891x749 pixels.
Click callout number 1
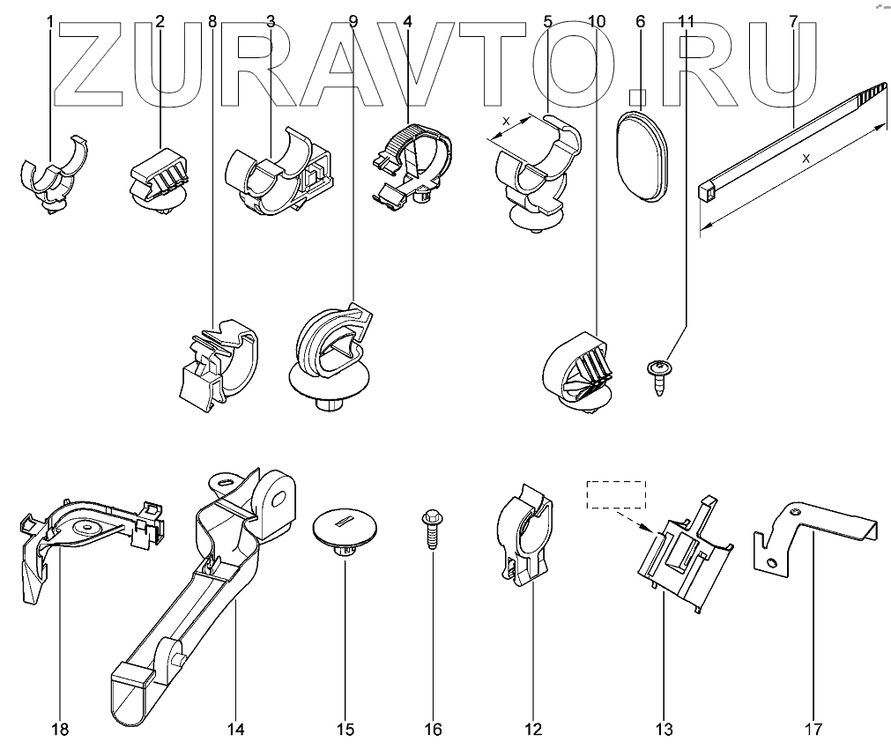(x=50, y=20)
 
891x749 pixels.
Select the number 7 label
(x=793, y=20)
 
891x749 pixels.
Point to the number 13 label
(x=664, y=729)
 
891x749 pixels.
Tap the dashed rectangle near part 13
(x=617, y=495)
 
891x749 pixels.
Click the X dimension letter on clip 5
(x=506, y=123)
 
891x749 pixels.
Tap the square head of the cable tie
(x=705, y=188)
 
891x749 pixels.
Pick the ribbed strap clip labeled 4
(x=412, y=163)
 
